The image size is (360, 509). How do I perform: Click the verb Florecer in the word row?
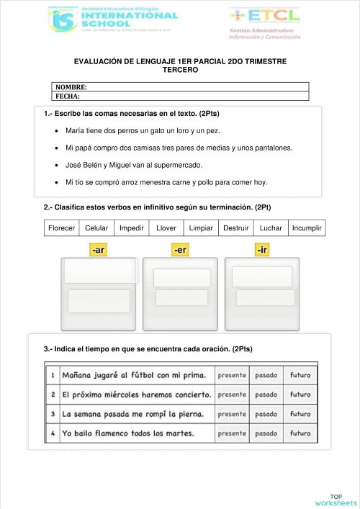[x=61, y=228]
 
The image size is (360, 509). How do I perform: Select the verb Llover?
[x=166, y=228]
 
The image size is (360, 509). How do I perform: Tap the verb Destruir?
[x=236, y=228]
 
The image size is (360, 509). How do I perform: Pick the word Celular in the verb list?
[x=96, y=228]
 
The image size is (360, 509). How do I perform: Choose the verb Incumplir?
[x=307, y=228]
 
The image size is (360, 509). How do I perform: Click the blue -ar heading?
[x=99, y=250]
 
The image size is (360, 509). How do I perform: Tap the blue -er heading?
[x=181, y=250]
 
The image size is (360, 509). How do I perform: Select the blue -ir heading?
[x=263, y=250]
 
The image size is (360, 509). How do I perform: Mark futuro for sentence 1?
[x=301, y=375]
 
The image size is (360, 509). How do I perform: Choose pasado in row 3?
[x=266, y=414]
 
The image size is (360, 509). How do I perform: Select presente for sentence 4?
[x=232, y=433]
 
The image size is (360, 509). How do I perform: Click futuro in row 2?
[x=301, y=395]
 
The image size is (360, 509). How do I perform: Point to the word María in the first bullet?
[x=75, y=131]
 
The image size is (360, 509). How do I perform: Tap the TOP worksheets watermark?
[x=336, y=499]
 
